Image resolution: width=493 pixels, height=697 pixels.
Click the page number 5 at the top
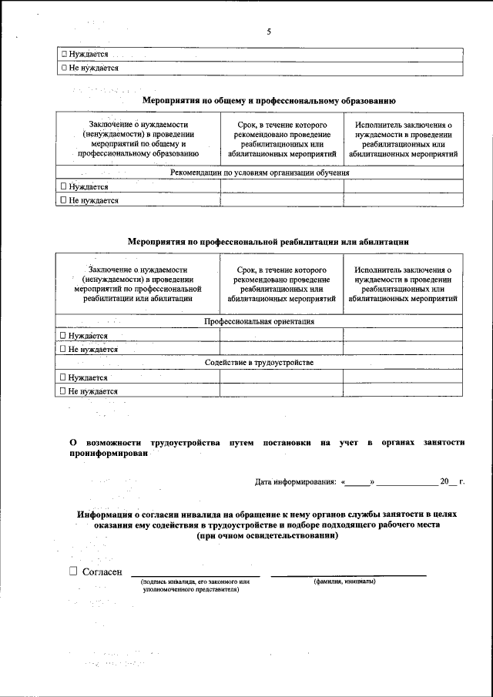pyautogui.click(x=269, y=32)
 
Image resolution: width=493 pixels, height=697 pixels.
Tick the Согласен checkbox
pyautogui.click(x=73, y=571)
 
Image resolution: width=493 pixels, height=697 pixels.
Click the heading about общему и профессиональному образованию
pyautogui.click(x=269, y=100)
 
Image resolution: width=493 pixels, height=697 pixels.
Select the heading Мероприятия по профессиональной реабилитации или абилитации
pyautogui.click(x=267, y=242)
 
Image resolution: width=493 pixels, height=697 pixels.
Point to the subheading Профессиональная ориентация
pyautogui.click(x=259, y=321)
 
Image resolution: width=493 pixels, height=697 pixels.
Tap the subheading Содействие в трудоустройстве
pyautogui.click(x=259, y=362)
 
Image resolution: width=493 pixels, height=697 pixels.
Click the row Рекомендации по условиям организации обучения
pyautogui.click(x=260, y=173)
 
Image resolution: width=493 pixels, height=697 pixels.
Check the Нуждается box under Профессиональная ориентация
pyautogui.click(x=64, y=336)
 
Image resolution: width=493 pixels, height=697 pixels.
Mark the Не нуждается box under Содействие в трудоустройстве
pyautogui.click(x=64, y=391)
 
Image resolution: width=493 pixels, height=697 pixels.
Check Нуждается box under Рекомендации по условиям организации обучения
pyautogui.click(x=64, y=186)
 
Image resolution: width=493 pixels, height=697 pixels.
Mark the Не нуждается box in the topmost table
pyautogui.click(x=64, y=69)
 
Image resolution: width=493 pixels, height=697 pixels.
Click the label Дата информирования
pyautogui.click(x=295, y=482)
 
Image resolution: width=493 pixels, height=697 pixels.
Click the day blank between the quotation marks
pyautogui.click(x=357, y=482)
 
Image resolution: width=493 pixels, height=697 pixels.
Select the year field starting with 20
pyautogui.click(x=448, y=482)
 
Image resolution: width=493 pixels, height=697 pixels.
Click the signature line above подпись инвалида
pyautogui.click(x=195, y=575)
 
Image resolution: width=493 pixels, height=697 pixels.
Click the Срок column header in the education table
pyautogui.click(x=282, y=139)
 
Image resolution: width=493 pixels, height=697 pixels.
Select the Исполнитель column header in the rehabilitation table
pyautogui.click(x=403, y=284)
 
